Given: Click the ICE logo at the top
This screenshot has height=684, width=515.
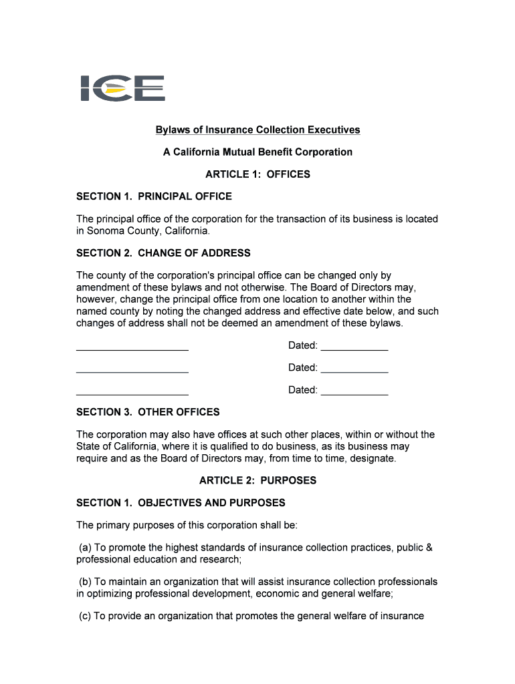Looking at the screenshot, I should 122,88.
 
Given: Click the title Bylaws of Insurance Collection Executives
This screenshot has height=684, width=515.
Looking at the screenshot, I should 257,130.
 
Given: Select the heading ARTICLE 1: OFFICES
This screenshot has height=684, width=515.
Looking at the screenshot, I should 257,174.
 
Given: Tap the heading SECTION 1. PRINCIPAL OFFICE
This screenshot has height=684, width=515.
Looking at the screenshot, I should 154,196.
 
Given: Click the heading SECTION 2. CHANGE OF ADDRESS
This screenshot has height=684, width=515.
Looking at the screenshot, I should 163,253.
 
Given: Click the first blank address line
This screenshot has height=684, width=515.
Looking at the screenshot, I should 132,347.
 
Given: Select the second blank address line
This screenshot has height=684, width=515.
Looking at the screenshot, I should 132,369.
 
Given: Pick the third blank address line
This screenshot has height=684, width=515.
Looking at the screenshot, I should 132,392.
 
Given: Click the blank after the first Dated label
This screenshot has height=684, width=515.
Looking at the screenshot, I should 354,347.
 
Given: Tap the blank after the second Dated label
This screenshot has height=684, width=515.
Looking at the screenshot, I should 354,369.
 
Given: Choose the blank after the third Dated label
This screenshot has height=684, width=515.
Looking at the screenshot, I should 354,392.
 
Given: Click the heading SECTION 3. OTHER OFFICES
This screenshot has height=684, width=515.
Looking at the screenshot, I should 148,412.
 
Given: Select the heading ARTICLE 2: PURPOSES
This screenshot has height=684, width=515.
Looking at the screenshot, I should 257,480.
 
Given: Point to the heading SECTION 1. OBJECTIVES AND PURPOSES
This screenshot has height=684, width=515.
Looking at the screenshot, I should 181,502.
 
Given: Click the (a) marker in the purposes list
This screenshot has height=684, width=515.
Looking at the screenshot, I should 84,548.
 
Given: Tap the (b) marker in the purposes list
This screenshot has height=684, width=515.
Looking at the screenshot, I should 84,582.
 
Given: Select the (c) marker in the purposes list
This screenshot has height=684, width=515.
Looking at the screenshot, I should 84,616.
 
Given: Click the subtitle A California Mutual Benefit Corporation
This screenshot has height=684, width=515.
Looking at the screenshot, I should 257,152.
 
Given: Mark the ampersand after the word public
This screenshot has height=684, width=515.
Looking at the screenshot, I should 429,548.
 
